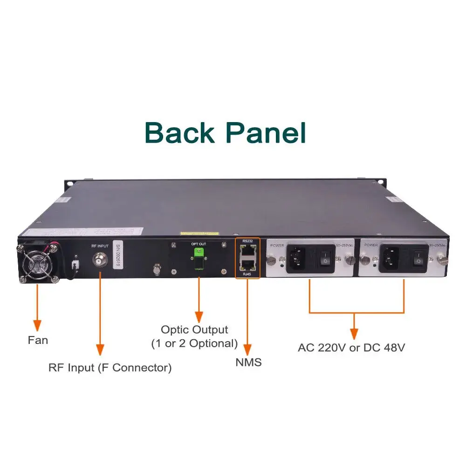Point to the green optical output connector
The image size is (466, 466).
(x=199, y=254)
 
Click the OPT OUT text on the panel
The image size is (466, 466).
(x=199, y=243)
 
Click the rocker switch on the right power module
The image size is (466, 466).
(x=418, y=258)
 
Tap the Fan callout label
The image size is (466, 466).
(x=38, y=340)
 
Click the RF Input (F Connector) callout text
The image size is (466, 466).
(x=110, y=368)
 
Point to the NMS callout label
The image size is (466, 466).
(x=248, y=362)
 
